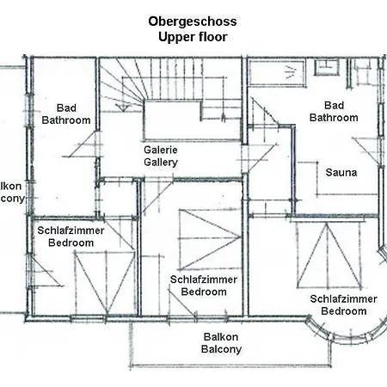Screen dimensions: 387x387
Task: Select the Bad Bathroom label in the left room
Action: tap(66, 114)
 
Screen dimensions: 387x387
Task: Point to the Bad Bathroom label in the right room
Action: tap(333, 111)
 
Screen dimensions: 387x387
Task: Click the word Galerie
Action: tap(160, 149)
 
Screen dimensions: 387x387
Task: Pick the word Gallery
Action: tap(160, 162)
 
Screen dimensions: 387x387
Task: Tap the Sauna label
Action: tap(341, 171)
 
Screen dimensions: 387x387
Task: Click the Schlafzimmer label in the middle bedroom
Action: tap(204, 279)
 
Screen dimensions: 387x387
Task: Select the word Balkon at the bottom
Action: tap(221, 337)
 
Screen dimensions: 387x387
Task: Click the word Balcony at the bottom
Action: tap(221, 350)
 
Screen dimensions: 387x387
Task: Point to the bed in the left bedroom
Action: tap(96, 285)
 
